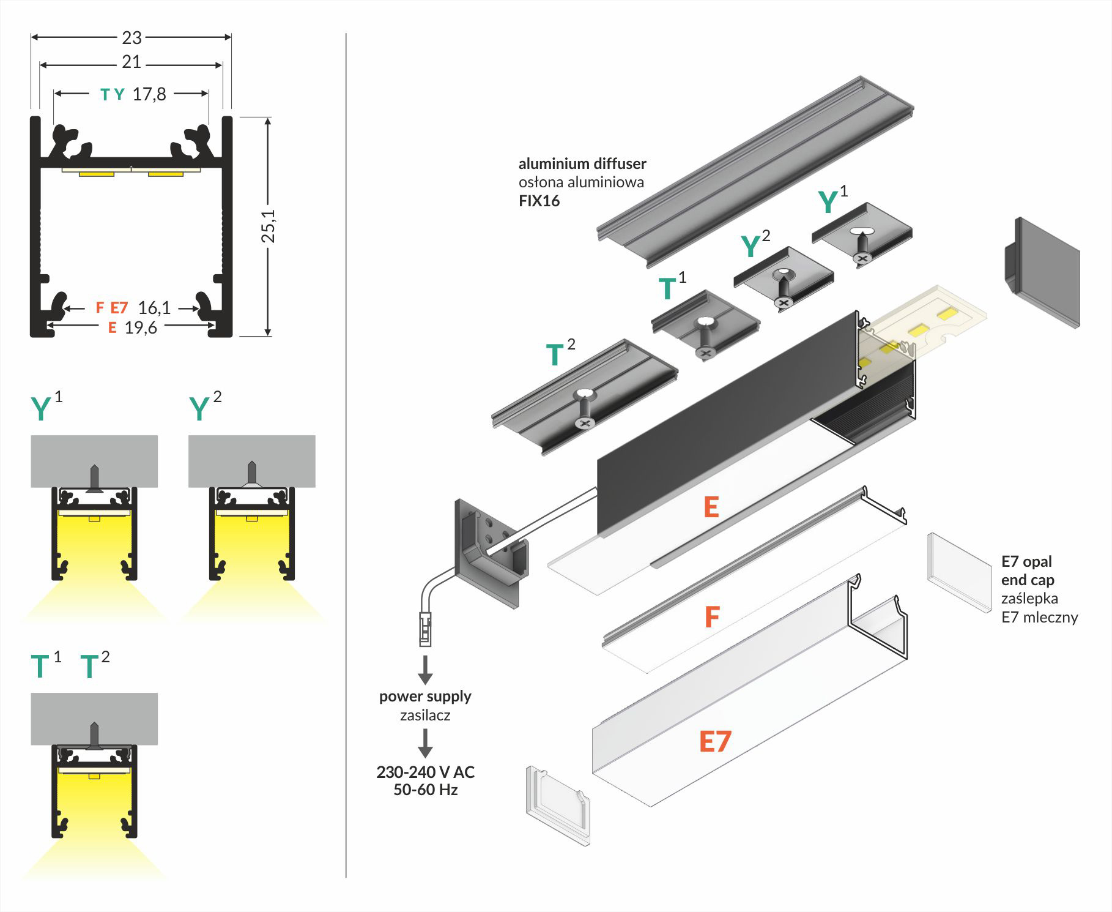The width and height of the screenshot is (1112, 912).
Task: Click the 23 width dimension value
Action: (x=132, y=38)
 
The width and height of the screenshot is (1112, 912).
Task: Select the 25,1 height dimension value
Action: (x=269, y=226)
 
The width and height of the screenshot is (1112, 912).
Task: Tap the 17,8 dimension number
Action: (x=149, y=94)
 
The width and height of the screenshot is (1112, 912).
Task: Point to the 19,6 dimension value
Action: (x=141, y=328)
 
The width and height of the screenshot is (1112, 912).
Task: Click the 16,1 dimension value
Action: (x=154, y=307)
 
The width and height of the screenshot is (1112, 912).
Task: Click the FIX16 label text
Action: (x=539, y=201)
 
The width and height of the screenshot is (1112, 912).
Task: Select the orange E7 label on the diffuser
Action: (x=715, y=741)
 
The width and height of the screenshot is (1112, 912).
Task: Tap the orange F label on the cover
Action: (x=711, y=617)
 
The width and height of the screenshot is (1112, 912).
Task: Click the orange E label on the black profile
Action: (x=711, y=507)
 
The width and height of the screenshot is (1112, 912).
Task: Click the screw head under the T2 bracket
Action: (x=585, y=423)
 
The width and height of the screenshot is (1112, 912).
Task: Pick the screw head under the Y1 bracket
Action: (x=862, y=259)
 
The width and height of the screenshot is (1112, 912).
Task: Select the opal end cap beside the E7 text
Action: (x=958, y=572)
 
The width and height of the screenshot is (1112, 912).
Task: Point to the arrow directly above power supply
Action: (x=425, y=670)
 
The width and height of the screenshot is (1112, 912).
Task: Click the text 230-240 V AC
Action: (x=425, y=772)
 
